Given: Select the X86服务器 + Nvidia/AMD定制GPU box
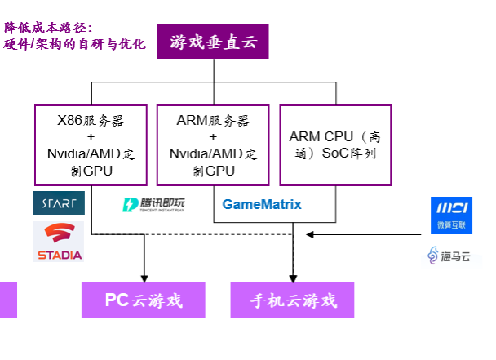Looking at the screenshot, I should click(91, 145).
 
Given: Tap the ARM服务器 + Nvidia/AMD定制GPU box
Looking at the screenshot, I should click(214, 145).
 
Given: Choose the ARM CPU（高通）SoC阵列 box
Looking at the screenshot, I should click(335, 144).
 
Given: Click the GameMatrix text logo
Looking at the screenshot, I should click(262, 204).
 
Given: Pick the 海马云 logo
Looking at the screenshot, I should click(451, 256).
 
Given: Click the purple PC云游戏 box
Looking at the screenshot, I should click(144, 300).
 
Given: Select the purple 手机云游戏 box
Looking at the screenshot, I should click(294, 300).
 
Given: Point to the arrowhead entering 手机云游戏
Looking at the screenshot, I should click(294, 277).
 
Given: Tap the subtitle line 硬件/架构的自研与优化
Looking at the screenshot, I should click(75, 43).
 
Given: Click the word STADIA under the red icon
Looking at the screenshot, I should click(60, 255).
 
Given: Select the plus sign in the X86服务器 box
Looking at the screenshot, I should click(91, 137).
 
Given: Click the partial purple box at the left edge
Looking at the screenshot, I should click(8, 300).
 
